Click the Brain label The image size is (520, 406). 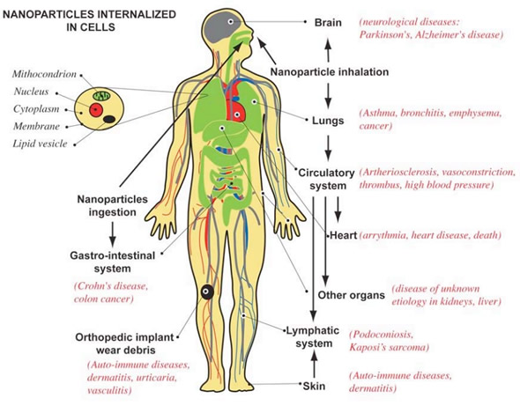(328, 23)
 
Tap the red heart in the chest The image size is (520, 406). (236, 106)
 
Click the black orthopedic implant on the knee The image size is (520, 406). (206, 292)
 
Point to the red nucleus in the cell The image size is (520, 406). (95, 110)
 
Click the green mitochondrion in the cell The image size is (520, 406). (101, 96)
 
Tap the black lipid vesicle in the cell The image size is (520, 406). (109, 119)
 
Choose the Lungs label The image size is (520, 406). (328, 121)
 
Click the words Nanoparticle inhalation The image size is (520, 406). (330, 72)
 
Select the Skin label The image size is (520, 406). (314, 386)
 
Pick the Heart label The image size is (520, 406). (343, 235)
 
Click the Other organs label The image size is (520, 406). (351, 295)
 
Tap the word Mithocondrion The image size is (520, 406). (44, 74)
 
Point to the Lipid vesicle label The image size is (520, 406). (41, 144)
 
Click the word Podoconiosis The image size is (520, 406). (382, 335)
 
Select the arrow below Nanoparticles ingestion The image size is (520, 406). (113, 234)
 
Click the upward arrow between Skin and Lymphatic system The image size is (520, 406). (315, 365)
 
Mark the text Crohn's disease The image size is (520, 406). (111, 286)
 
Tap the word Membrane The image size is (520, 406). (37, 126)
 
